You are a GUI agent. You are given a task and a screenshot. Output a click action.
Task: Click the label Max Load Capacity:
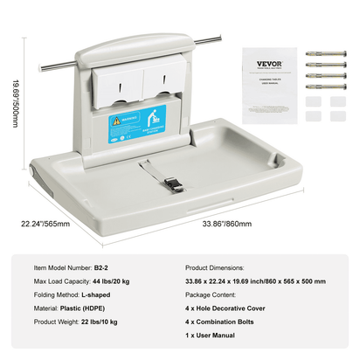[62, 282]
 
